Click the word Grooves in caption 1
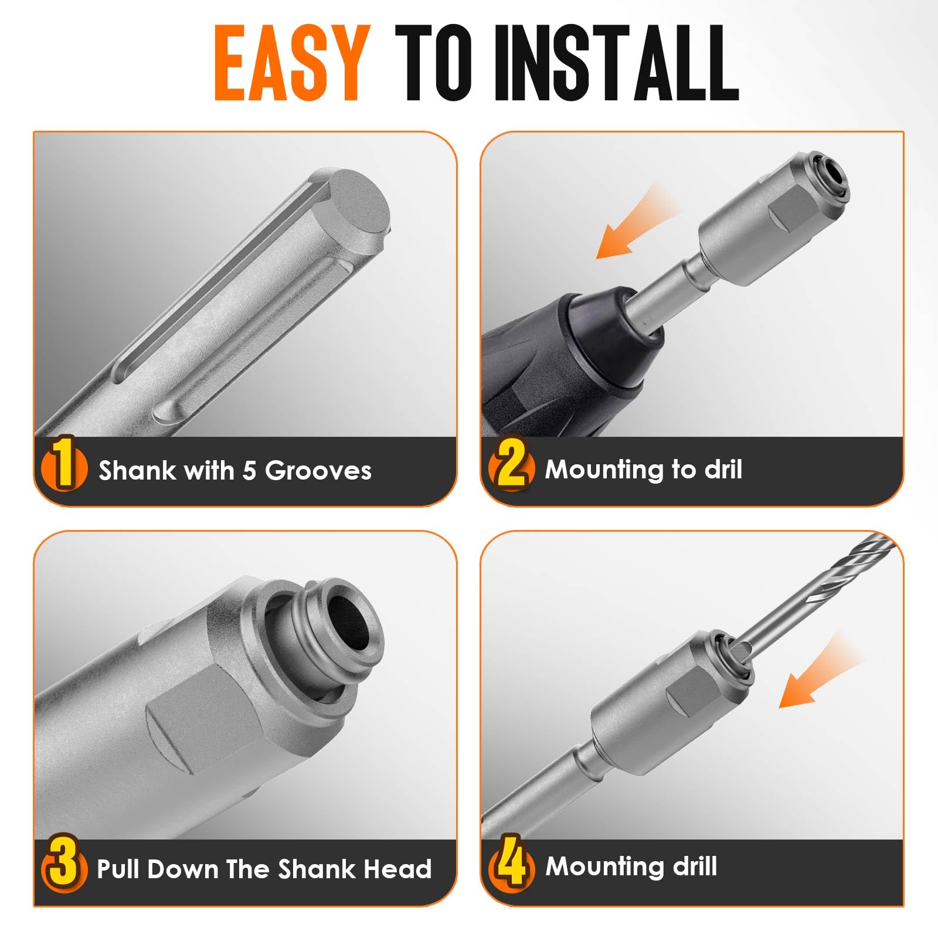[318, 471]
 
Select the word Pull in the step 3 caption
[119, 869]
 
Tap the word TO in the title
[432, 63]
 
